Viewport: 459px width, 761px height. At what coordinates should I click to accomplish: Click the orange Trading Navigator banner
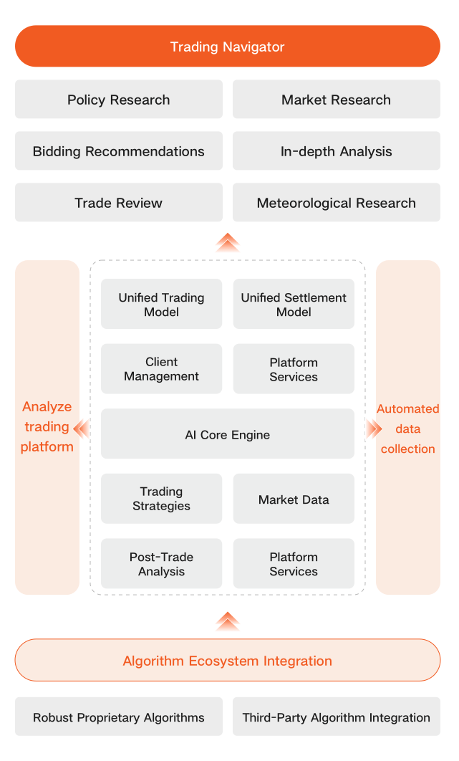coord(228,47)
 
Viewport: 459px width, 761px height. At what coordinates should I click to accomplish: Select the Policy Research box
coord(119,100)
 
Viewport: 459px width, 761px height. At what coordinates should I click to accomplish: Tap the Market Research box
coord(336,100)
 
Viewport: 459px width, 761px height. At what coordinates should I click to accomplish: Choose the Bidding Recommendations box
coord(119,151)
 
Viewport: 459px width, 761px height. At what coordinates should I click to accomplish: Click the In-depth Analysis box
coord(336,151)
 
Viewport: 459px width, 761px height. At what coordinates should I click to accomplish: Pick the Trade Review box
coord(119,203)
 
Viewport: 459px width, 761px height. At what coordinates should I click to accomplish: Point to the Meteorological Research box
coord(336,203)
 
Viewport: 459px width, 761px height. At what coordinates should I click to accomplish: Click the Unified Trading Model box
coord(161,305)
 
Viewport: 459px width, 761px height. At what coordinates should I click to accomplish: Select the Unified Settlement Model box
coord(294,305)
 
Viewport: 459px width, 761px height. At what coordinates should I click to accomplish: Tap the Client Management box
coord(161,369)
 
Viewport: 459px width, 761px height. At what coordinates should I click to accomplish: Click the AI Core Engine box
coord(228,434)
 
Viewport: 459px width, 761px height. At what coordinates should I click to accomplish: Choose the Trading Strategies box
coord(161,499)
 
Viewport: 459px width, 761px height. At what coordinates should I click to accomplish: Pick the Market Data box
coord(294,499)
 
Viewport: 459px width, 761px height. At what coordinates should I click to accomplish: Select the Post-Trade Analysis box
coord(161,564)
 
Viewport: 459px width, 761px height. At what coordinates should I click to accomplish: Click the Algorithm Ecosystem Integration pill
coord(228,660)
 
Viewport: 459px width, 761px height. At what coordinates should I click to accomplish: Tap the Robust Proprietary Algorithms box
coord(119,717)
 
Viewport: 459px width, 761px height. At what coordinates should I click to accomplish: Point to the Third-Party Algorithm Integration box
coord(336,717)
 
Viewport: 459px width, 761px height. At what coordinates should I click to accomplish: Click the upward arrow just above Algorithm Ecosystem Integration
coord(228,621)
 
